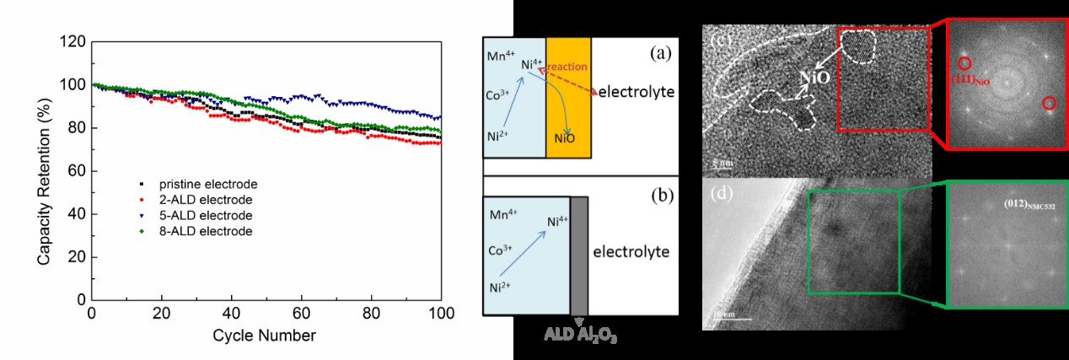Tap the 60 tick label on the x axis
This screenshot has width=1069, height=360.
coord(302,313)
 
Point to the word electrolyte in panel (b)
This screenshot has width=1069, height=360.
coord(631,251)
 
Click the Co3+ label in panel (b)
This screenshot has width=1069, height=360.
coord(502,250)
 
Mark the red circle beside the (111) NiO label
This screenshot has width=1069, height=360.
coord(964,63)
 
